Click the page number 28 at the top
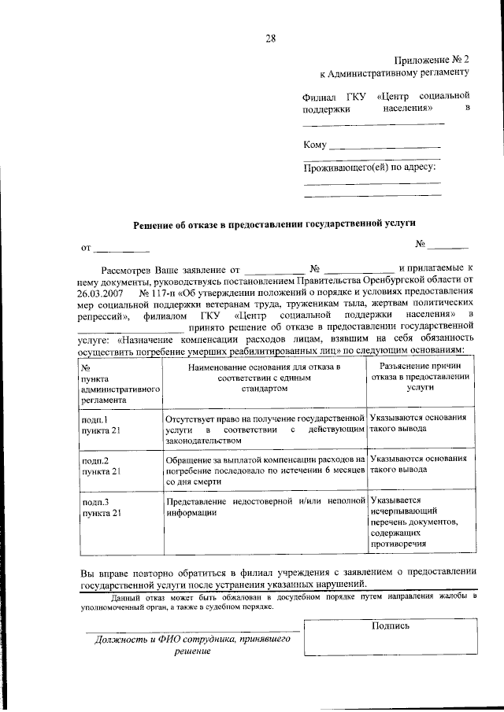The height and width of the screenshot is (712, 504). pyautogui.click(x=270, y=38)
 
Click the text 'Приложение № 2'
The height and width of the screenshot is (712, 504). pyautogui.click(x=432, y=60)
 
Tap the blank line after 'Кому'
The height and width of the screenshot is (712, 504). pyautogui.click(x=384, y=146)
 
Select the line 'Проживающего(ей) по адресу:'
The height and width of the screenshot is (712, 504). pyautogui.click(x=370, y=167)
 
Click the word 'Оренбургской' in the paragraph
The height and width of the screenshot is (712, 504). pyautogui.click(x=393, y=279)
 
